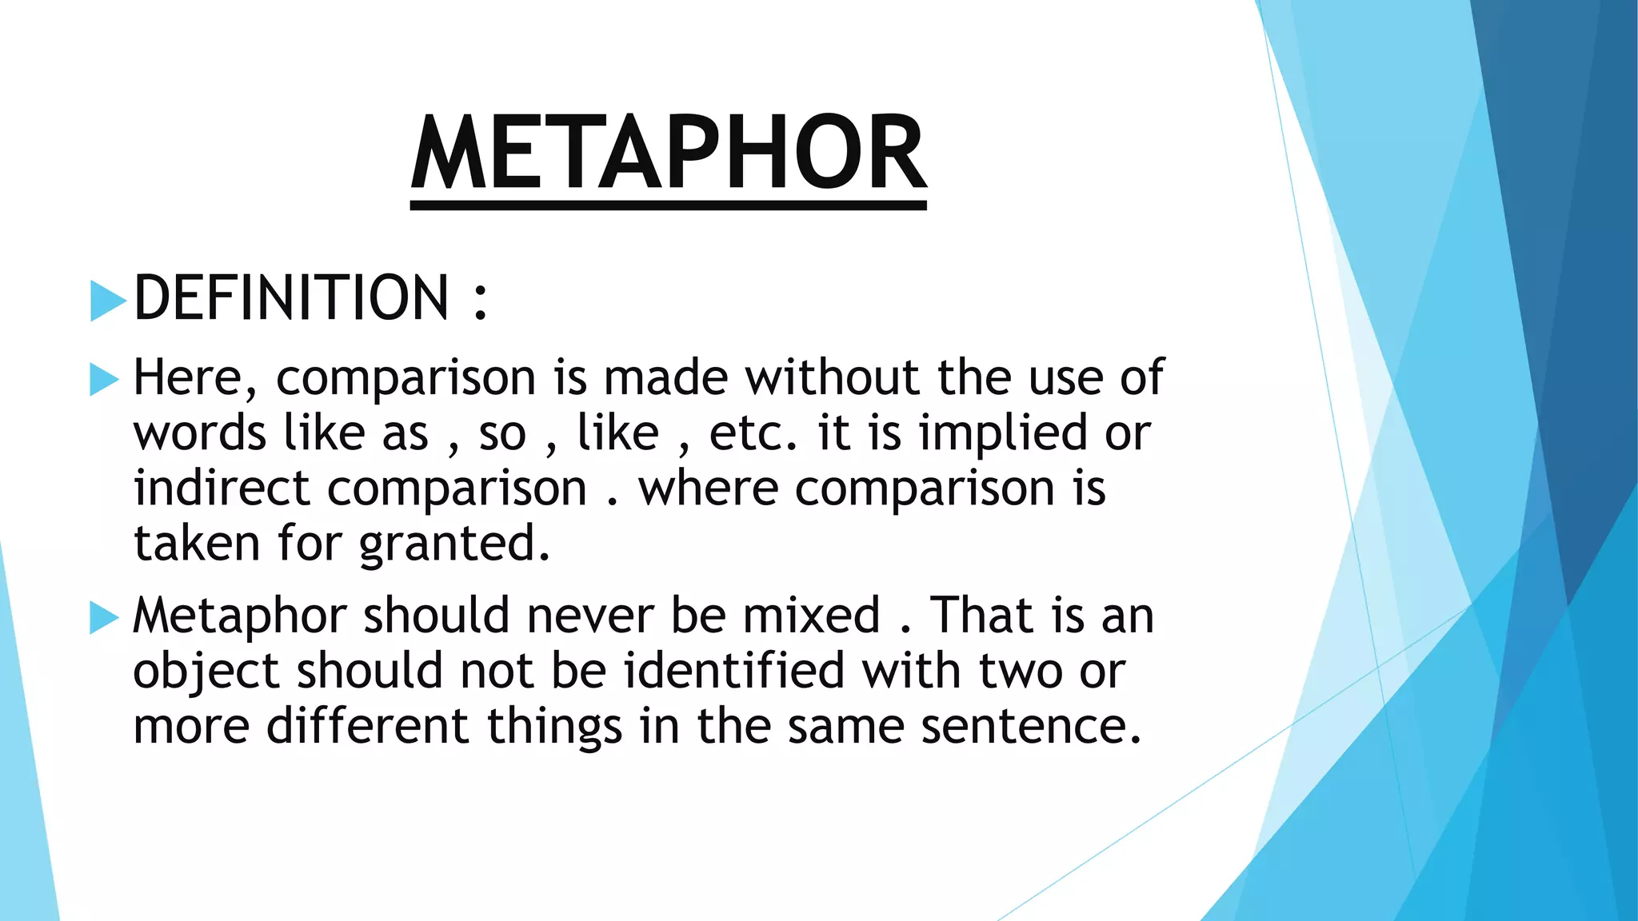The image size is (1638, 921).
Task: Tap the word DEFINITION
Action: pyautogui.click(x=291, y=297)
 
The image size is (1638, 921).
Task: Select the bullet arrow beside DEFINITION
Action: pyautogui.click(x=108, y=301)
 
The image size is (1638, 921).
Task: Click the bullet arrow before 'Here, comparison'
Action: pyautogui.click(x=105, y=379)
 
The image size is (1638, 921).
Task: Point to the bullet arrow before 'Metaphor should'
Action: pyautogui.click(x=105, y=617)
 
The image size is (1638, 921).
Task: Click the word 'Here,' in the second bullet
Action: pyautogui.click(x=195, y=377)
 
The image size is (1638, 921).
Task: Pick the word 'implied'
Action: pyautogui.click(x=1004, y=434)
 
